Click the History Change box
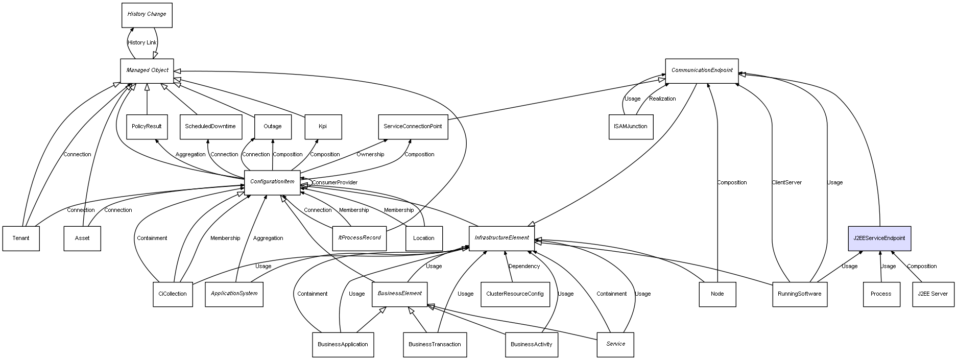tap(147, 15)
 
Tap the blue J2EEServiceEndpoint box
tap(879, 238)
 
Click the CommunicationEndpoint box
tap(702, 70)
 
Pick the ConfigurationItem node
tap(272, 182)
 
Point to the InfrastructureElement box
tap(501, 238)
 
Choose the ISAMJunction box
tap(631, 127)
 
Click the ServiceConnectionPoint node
tap(413, 127)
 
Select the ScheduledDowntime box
tap(210, 127)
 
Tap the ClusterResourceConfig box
tap(515, 294)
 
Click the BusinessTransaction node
tap(435, 345)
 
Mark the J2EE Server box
tap(932, 294)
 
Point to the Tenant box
tap(21, 238)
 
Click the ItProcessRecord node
tap(360, 238)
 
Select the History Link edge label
tap(142, 43)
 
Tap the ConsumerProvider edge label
tap(334, 183)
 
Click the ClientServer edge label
tap(786, 183)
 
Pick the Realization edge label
tap(662, 99)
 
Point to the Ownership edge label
tap(370, 155)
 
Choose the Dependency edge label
tap(524, 267)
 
